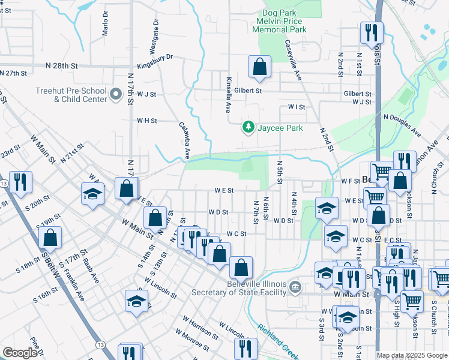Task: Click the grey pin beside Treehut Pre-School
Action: click(x=116, y=95)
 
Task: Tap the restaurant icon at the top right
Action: click(x=372, y=32)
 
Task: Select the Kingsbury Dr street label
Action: click(x=155, y=57)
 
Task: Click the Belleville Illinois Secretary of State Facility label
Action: click(x=246, y=288)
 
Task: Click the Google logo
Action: click(x=20, y=352)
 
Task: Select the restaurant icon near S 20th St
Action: click(x=21, y=182)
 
